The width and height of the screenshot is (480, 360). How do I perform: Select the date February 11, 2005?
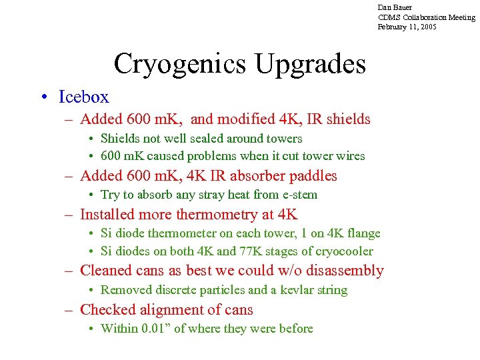407,27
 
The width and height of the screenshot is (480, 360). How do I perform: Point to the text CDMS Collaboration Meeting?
426,17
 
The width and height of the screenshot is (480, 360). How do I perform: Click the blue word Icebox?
83,97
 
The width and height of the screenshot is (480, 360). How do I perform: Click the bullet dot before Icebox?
44,98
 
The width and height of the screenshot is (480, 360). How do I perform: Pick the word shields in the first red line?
347,119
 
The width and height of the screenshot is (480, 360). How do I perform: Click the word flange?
363,233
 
